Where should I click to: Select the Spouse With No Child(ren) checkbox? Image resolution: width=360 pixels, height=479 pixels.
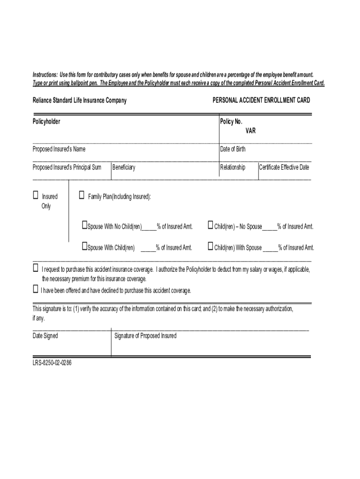point(85,225)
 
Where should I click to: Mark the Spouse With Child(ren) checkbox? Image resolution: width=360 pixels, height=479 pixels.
point(85,246)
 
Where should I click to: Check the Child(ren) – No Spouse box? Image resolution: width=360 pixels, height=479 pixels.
point(210,225)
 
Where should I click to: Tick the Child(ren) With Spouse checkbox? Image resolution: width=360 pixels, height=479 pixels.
point(210,246)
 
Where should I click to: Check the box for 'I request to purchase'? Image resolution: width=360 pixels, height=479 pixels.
point(36,268)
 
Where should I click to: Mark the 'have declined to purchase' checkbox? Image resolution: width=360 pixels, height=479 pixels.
point(36,290)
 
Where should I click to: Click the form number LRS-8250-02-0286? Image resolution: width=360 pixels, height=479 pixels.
point(52,363)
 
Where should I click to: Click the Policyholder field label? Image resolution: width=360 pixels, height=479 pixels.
point(46,122)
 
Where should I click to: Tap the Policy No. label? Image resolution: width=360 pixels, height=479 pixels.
point(231,122)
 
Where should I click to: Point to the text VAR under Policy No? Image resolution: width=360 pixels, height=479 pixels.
point(251,131)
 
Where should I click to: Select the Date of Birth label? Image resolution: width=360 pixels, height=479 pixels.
point(233,149)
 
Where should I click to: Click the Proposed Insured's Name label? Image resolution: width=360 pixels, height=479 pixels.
point(59,149)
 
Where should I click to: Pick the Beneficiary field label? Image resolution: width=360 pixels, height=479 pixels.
point(124,167)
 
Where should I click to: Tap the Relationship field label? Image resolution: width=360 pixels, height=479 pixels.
point(233,167)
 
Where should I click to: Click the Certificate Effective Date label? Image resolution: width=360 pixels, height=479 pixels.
point(284,167)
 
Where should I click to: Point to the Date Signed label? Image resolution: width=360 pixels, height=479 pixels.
point(45,336)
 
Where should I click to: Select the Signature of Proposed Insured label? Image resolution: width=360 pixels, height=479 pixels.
point(145,336)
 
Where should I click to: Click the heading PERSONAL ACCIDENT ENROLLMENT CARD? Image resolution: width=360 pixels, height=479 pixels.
point(261,101)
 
